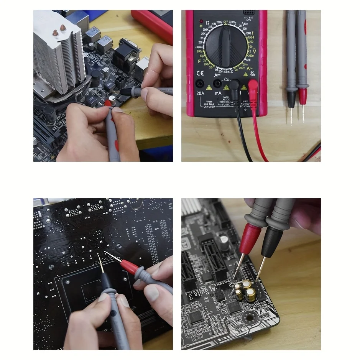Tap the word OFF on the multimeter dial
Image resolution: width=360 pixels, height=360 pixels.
coord(225,22)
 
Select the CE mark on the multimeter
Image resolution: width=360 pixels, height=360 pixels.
coord(200,72)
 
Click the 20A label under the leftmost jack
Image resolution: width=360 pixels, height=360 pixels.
coord(200,93)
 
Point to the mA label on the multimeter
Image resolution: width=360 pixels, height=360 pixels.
coord(218,93)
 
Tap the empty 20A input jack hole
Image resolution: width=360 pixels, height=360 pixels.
coord(200,83)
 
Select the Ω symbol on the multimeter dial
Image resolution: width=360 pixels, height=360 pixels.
coord(207,23)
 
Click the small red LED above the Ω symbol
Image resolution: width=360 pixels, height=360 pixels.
coord(202,20)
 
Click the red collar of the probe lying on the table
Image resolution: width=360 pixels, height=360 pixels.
coord(303,96)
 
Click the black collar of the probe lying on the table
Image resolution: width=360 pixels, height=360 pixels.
coord(291,98)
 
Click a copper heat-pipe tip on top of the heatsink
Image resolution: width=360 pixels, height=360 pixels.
coord(62,28)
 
